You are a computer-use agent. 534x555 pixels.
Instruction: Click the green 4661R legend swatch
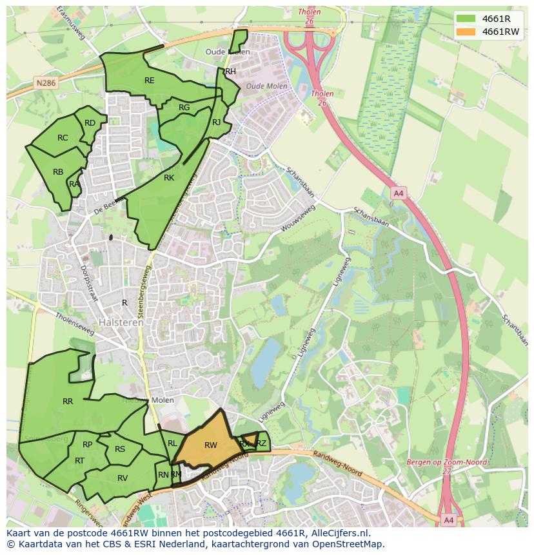(x=466, y=19)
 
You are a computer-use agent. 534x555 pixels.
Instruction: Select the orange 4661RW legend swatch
(x=466, y=32)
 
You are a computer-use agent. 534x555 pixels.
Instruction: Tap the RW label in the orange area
(x=211, y=445)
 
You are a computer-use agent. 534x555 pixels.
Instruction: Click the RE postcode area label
(x=150, y=81)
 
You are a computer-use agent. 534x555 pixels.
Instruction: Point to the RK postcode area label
(x=169, y=178)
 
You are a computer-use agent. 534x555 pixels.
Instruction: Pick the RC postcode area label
(x=63, y=138)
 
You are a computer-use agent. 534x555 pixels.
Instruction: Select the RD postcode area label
(x=90, y=123)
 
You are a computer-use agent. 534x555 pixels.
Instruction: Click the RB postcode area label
(x=58, y=172)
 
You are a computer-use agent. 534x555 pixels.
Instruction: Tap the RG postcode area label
(x=184, y=108)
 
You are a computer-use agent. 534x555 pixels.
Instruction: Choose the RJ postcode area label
(x=217, y=122)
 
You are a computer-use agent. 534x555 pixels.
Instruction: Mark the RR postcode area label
(x=68, y=402)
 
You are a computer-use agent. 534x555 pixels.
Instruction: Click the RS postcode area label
(x=120, y=450)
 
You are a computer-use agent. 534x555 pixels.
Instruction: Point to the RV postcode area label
(x=123, y=478)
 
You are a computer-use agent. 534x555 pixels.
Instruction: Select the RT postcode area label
(x=79, y=461)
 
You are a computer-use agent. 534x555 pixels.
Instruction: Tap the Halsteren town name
(x=121, y=322)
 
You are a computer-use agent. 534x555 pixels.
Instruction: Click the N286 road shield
(x=46, y=83)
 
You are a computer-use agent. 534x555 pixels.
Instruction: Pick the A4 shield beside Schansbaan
(x=398, y=193)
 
